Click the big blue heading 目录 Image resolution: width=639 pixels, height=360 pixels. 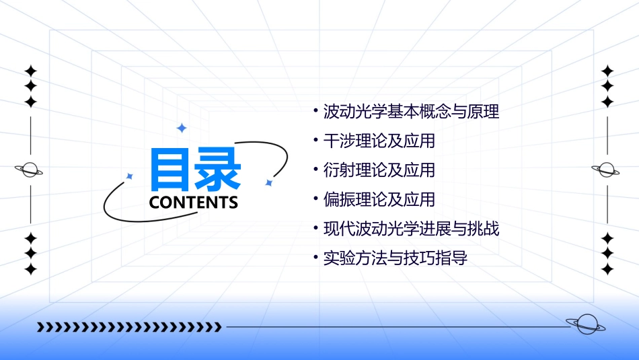[x=195, y=170]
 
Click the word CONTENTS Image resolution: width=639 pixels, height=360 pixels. [x=194, y=203]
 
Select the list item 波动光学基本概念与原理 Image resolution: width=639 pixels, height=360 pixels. [x=411, y=112]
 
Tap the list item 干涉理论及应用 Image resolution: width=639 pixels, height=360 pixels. [x=379, y=141]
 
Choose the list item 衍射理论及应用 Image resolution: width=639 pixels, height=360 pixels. [x=379, y=170]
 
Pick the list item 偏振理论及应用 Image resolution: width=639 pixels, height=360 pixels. [x=379, y=200]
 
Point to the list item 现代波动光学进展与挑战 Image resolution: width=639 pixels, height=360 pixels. [x=411, y=229]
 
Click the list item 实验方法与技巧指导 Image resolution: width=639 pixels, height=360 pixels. [x=395, y=258]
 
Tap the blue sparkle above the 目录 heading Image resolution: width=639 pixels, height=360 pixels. [x=181, y=128]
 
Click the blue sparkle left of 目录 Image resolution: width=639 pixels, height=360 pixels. [x=130, y=176]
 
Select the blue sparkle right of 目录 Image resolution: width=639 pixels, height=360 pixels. [x=268, y=182]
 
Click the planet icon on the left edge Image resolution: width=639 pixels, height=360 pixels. [x=30, y=170]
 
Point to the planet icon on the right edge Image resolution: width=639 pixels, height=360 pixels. [x=606, y=170]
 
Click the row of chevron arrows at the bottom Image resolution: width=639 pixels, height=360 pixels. [x=128, y=327]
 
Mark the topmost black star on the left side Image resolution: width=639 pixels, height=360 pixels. [x=30, y=71]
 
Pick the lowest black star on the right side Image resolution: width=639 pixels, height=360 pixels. [x=607, y=269]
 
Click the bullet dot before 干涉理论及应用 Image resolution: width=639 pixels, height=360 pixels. [x=315, y=139]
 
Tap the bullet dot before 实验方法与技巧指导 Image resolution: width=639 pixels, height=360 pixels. [x=315, y=256]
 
